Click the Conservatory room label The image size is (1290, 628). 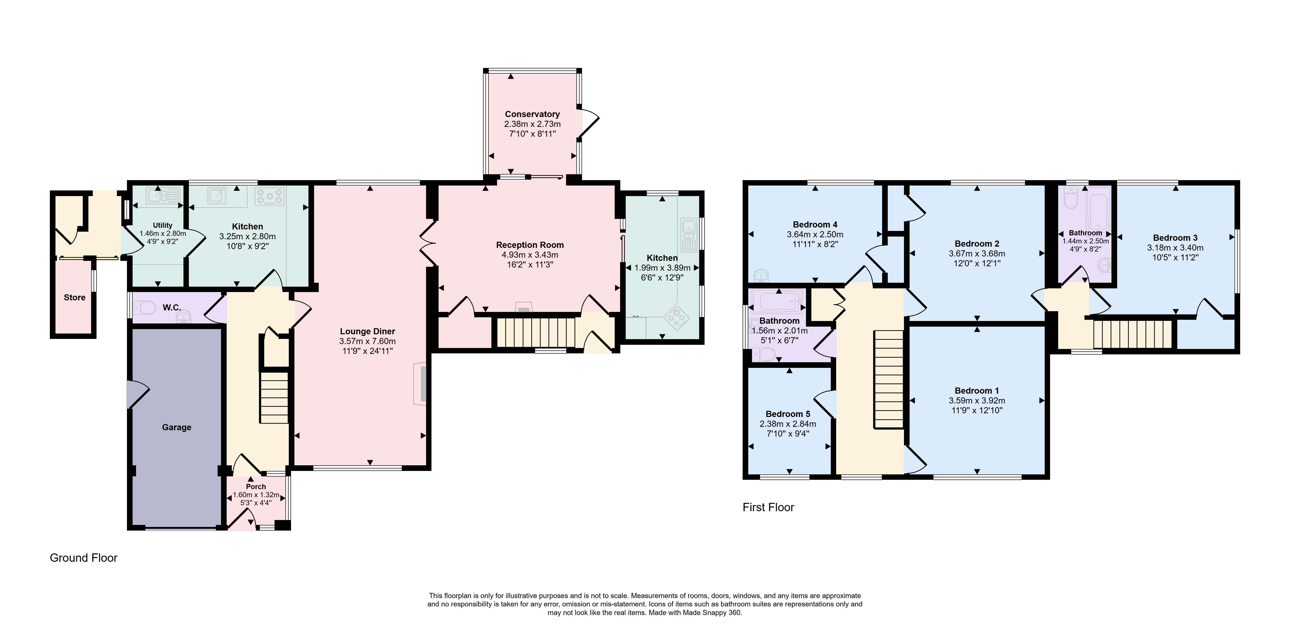click(x=532, y=114)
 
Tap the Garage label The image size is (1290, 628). click(x=176, y=427)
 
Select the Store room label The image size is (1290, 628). click(x=75, y=297)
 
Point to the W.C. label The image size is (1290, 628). click(x=172, y=307)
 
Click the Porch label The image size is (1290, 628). click(x=256, y=486)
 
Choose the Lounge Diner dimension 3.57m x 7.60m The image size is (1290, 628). click(x=368, y=341)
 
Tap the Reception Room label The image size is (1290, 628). click(x=530, y=245)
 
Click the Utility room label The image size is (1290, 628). click(x=163, y=225)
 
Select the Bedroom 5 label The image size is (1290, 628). click(x=788, y=414)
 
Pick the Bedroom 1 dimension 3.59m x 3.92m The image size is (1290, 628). click(x=976, y=400)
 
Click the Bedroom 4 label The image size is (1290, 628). click(x=815, y=224)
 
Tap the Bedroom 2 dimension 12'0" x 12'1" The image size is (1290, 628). click(x=976, y=263)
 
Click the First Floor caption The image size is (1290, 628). click(x=768, y=508)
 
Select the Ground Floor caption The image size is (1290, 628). click(x=84, y=558)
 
